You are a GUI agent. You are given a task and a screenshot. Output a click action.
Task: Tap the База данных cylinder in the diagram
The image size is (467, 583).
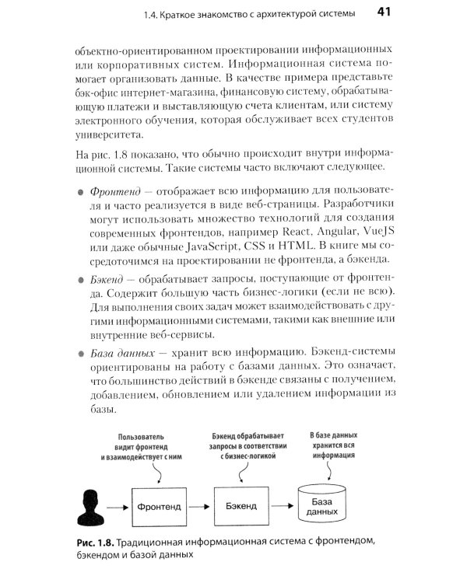(321, 506)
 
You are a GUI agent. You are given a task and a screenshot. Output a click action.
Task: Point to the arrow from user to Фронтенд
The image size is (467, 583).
(117, 507)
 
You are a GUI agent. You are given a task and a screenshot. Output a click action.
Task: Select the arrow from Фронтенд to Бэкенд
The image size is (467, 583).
(199, 507)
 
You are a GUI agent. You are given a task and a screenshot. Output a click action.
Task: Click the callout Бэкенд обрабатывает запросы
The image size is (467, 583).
(247, 446)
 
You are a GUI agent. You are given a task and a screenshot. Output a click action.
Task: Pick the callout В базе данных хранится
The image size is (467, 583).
(333, 446)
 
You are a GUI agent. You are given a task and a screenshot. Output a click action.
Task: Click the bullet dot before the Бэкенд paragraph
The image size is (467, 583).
(80, 278)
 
